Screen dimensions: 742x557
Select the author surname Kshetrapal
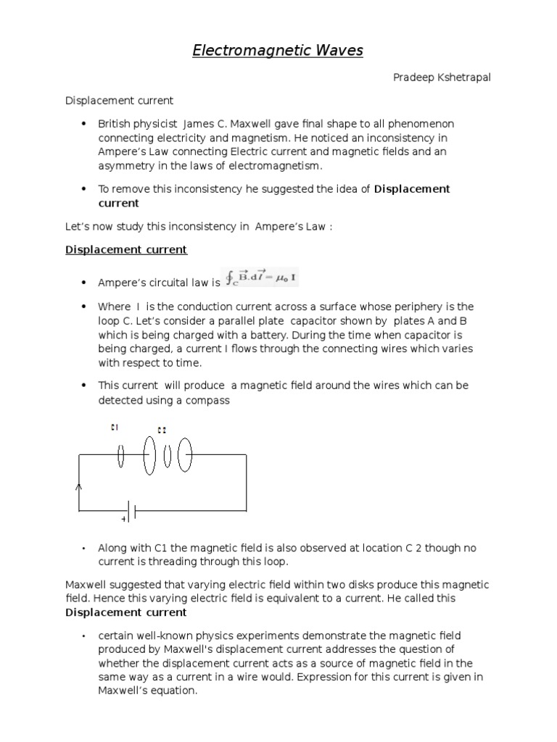pyautogui.click(x=461, y=78)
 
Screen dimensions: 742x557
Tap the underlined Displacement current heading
pyautogui.click(x=126, y=250)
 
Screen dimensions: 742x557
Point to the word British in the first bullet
pyautogui.click(x=116, y=124)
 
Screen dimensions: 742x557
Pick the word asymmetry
pyautogui.click(x=126, y=166)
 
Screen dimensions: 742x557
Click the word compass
pyautogui.click(x=208, y=400)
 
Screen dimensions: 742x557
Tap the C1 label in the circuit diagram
pyautogui.click(x=114, y=427)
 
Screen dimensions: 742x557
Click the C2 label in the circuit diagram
pyautogui.click(x=161, y=430)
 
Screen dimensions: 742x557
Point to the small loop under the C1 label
pyautogui.click(x=120, y=456)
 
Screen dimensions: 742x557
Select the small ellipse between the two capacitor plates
pyautogui.click(x=167, y=456)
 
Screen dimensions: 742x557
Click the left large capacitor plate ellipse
pyautogui.click(x=149, y=456)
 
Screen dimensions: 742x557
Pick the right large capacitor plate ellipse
pyautogui.click(x=185, y=456)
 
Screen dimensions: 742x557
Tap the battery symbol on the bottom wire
pyautogui.click(x=132, y=510)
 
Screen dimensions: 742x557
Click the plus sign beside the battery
pyautogui.click(x=123, y=520)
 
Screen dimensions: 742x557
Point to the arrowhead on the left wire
pyautogui.click(x=79, y=488)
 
